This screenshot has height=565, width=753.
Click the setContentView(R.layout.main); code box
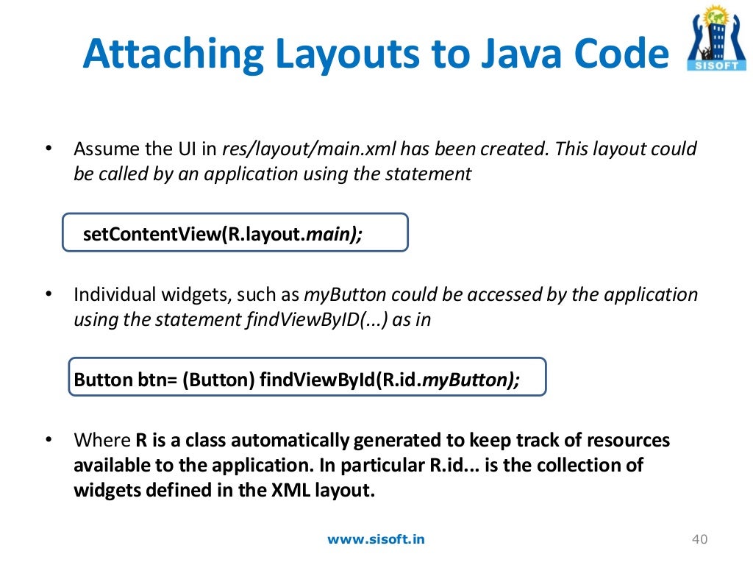235,233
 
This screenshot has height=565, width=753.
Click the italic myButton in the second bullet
345,295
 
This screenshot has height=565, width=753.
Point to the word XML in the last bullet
276,491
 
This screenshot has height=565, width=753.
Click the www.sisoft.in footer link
376,539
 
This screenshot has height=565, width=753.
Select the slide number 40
699,540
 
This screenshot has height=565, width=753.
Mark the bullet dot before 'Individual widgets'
49,295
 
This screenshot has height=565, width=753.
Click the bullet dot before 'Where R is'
49,441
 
